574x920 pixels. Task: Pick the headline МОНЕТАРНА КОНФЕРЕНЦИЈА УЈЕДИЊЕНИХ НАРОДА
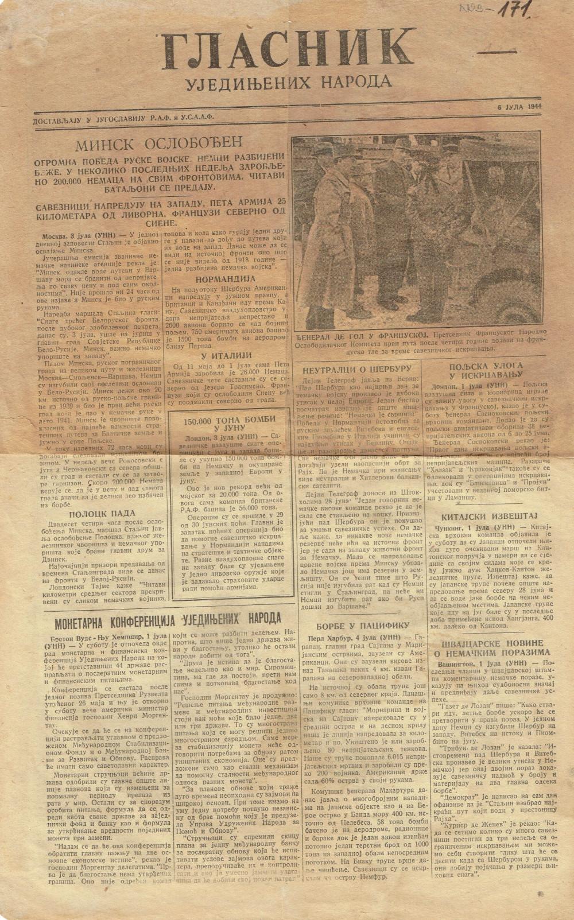[167, 618]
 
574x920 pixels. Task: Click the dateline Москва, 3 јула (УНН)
[80, 236]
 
